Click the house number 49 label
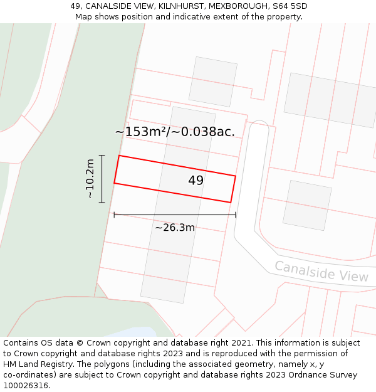pos(196,181)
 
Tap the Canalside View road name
pos(321,271)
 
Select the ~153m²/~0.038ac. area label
pos(175,132)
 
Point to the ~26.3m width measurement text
pos(175,228)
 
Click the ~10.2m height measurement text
pos(90,179)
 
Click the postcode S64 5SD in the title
pos(290,6)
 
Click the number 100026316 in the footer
pos(26,386)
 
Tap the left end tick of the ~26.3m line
pos(114,215)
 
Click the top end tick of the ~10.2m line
pos(102,155)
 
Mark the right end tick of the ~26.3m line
pos(236,215)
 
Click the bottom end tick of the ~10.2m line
pos(102,203)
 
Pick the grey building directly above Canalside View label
pos(306,205)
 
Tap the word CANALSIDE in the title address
pos(109,6)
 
